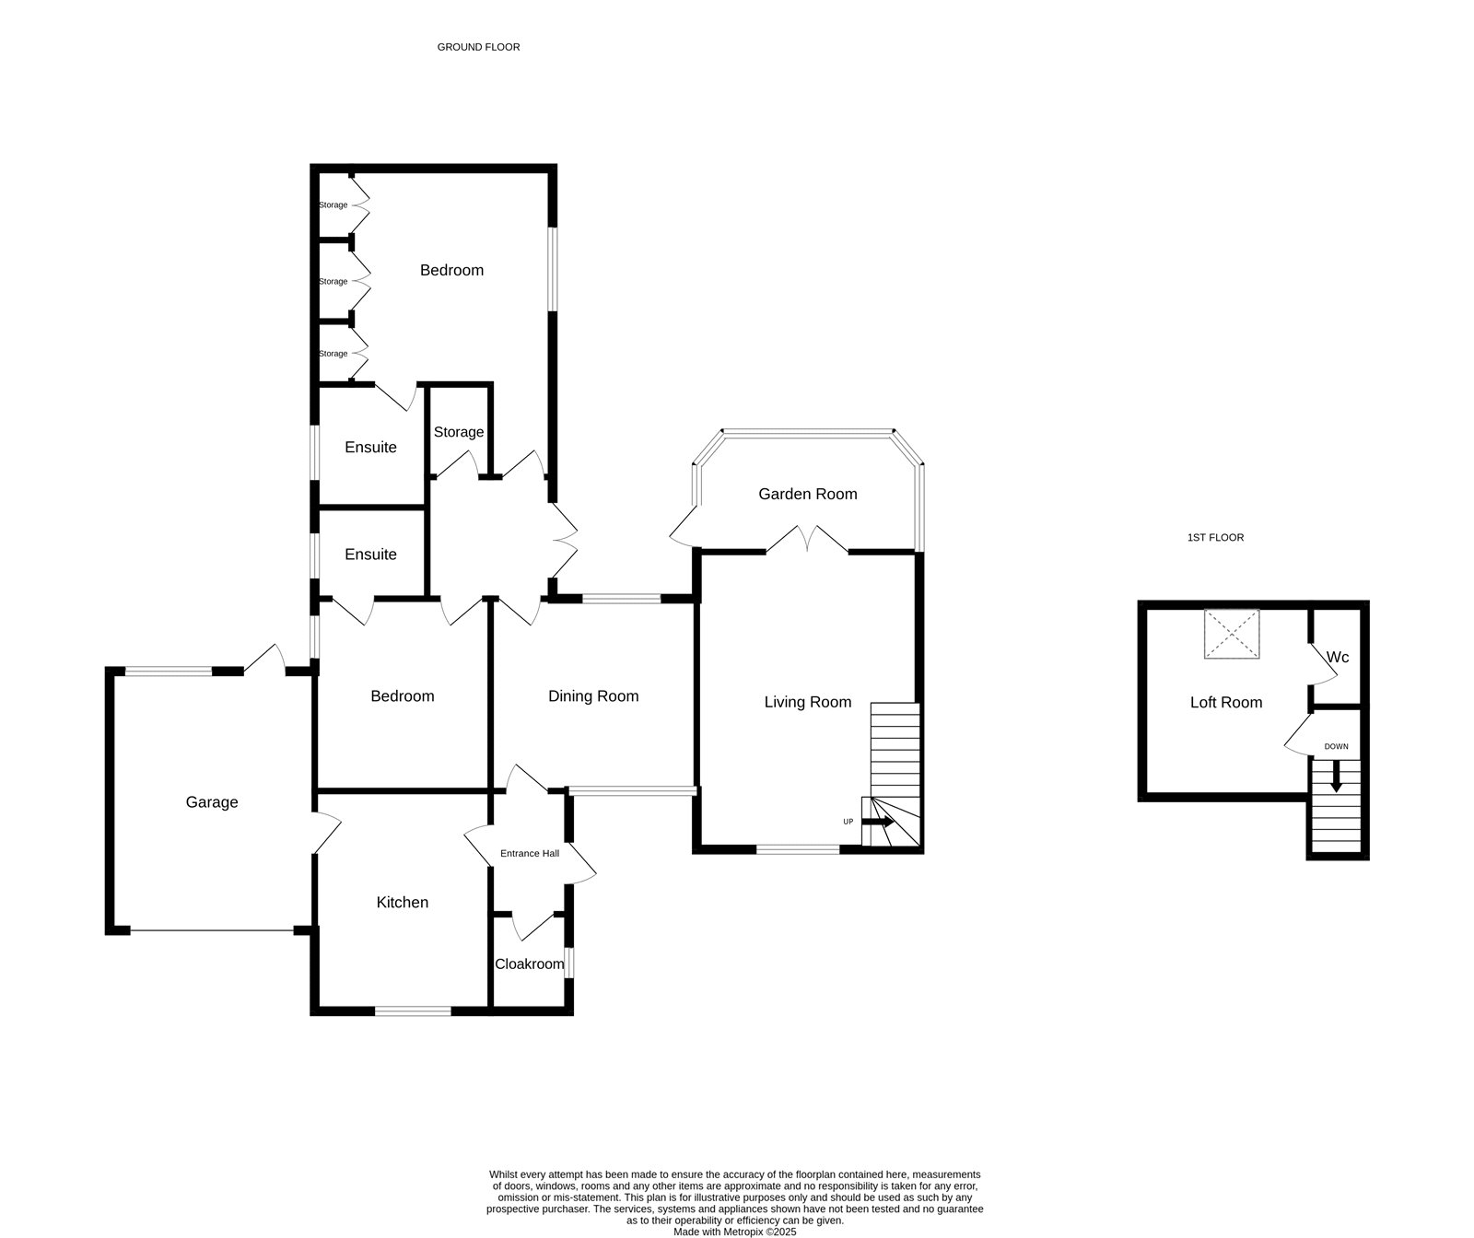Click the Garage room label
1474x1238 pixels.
click(x=212, y=802)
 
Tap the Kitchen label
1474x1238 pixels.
click(x=403, y=903)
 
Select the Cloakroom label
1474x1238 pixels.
click(x=529, y=964)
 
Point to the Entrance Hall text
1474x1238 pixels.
click(x=530, y=854)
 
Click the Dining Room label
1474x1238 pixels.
click(x=593, y=696)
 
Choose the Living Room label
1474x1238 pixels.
click(x=808, y=703)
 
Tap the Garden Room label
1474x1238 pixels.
click(x=808, y=495)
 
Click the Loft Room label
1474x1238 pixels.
click(x=1226, y=703)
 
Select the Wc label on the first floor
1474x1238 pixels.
click(x=1338, y=658)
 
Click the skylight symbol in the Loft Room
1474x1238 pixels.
click(x=1232, y=634)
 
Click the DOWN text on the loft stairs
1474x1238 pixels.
click(x=1336, y=747)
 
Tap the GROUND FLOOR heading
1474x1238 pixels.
click(x=478, y=47)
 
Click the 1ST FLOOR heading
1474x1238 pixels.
click(x=1215, y=538)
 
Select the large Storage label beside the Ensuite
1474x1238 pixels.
click(x=459, y=432)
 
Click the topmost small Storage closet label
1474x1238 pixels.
click(x=333, y=204)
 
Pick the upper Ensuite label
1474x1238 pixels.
click(x=370, y=448)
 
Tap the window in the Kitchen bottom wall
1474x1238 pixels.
click(x=413, y=1010)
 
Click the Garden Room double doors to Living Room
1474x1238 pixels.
click(x=807, y=540)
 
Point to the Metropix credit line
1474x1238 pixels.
click(x=734, y=1232)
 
